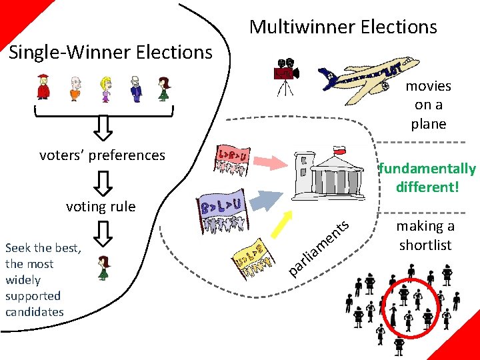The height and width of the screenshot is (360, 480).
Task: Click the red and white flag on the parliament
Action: tap(341, 151)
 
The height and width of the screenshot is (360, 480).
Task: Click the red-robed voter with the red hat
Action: tap(43, 86)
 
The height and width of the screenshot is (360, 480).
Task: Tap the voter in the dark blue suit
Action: tap(135, 87)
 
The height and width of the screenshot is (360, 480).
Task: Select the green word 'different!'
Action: tap(427, 187)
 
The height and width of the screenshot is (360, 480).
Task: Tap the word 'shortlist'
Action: tap(425, 245)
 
